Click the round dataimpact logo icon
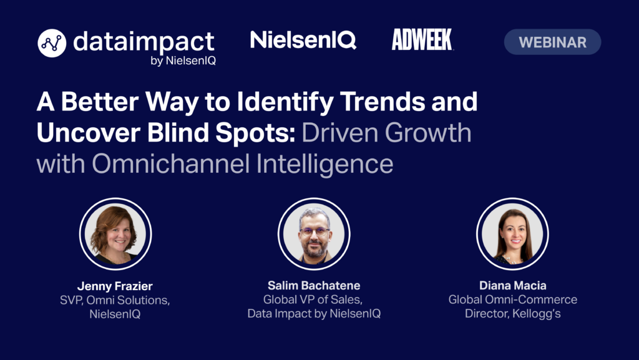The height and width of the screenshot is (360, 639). [x=52, y=43]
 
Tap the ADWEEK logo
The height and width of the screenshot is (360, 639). [x=422, y=39]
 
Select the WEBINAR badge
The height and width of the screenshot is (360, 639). [x=552, y=42]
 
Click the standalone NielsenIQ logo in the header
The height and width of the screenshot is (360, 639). [x=303, y=40]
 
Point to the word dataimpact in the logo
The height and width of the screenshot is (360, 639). [x=144, y=42]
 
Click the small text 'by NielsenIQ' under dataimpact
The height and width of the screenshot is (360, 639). [x=183, y=61]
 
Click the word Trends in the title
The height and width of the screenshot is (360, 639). [x=381, y=102]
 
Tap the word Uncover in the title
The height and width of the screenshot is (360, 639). [x=87, y=133]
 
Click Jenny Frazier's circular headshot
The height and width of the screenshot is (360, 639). [x=115, y=234]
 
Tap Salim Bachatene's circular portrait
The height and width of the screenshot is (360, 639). [x=314, y=234]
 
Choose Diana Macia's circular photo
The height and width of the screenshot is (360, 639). [x=512, y=234]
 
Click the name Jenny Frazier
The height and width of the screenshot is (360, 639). [x=115, y=286]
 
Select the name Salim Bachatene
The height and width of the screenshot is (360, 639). [x=314, y=286]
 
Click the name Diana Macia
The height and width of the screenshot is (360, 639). [x=513, y=286]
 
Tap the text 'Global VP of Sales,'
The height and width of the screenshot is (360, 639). [x=313, y=299]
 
